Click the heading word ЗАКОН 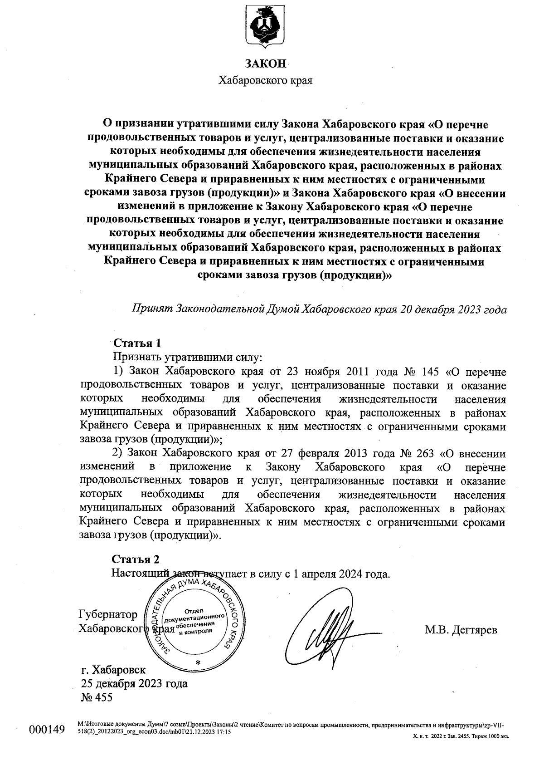(x=266, y=64)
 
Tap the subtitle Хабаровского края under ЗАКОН (x=266, y=81)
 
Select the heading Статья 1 (x=137, y=343)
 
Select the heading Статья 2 (x=136, y=559)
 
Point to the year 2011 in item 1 (x=359, y=372)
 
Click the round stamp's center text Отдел (x=194, y=610)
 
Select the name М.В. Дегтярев (x=461, y=630)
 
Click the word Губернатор (x=108, y=614)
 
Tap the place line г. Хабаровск (x=113, y=670)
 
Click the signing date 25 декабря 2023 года (x=134, y=683)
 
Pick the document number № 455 (x=96, y=697)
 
